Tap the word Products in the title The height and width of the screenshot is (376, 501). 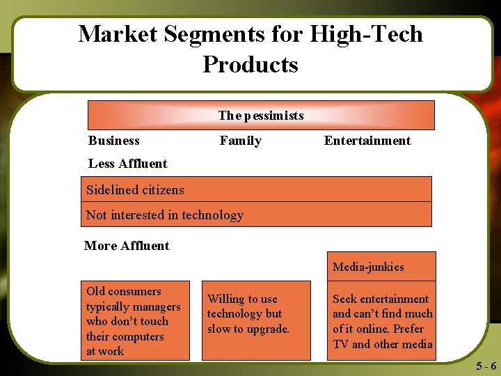coord(250,64)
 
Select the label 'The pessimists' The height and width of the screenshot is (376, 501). coord(261,116)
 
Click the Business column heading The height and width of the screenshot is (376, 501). coord(114,141)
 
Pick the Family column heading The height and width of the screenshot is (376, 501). coord(241,141)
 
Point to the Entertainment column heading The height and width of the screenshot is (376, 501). coord(367,141)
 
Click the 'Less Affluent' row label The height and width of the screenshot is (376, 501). coord(128,164)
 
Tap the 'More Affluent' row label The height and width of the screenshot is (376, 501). coord(127,246)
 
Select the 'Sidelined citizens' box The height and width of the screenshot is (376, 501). coord(257,189)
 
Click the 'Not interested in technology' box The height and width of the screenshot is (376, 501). coord(257,215)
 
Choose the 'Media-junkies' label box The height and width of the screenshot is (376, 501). coord(381,267)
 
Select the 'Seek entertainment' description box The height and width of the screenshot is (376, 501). coord(381,321)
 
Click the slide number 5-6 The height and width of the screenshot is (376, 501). coord(486,366)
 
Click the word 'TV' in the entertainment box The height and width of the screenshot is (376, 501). coord(341,344)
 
